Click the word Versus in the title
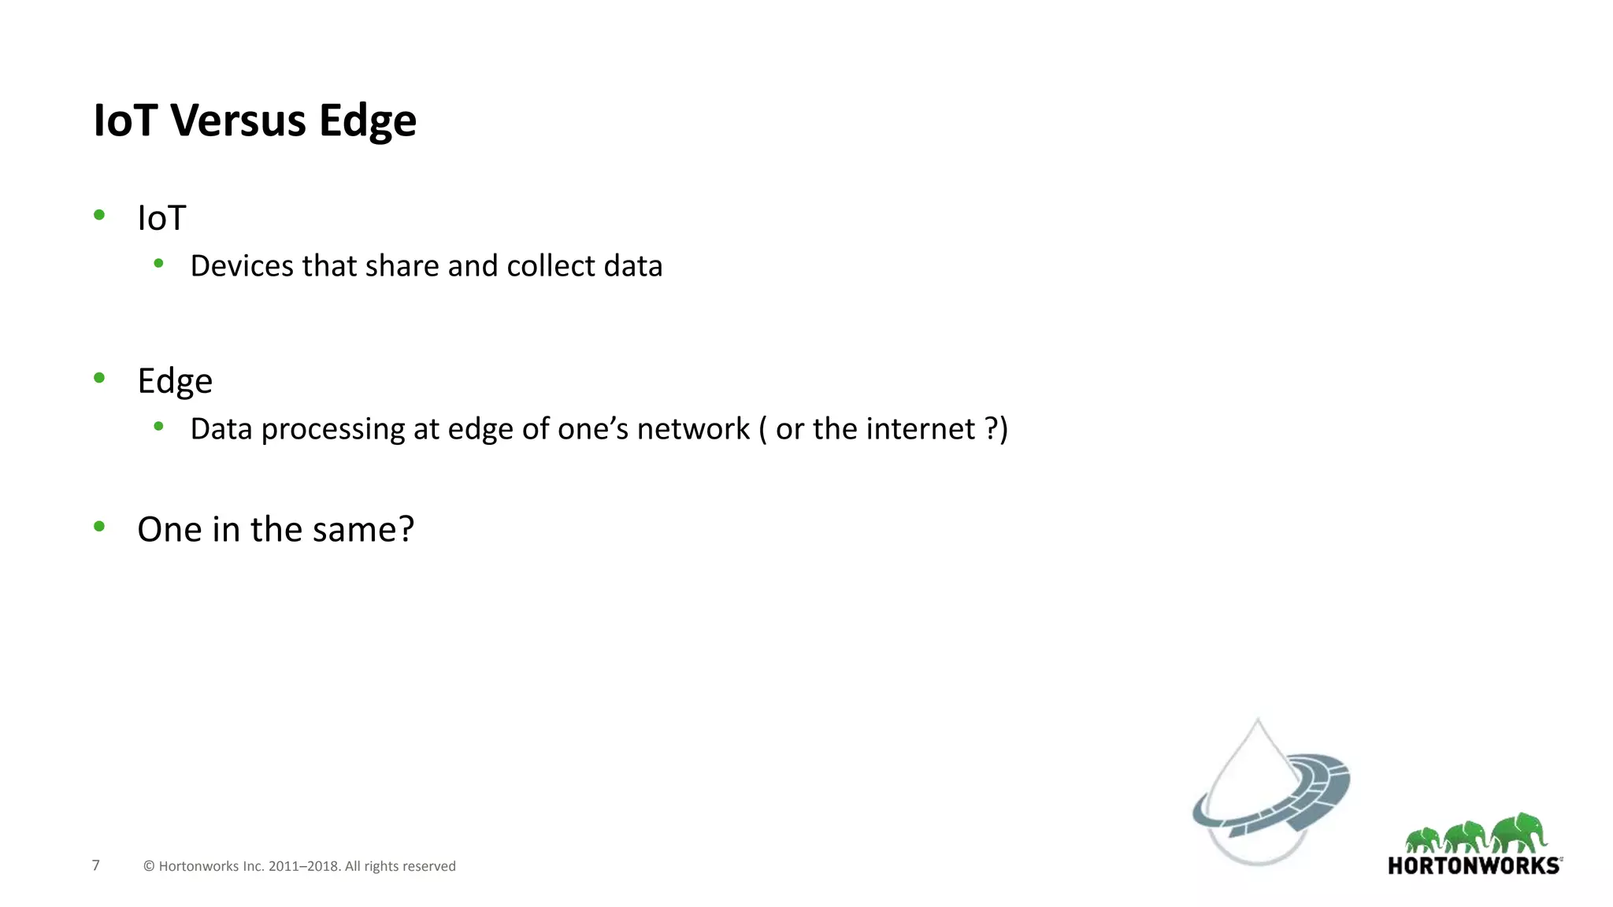point(238,120)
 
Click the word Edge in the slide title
point(367,122)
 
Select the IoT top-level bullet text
point(161,218)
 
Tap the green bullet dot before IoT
point(99,214)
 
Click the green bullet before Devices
point(158,264)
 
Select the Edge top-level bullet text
point(175,381)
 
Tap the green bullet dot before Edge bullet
point(99,378)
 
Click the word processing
point(333,430)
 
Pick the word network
point(693,429)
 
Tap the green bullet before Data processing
point(158,427)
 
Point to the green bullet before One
point(99,527)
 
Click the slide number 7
point(96,865)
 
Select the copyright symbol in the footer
point(149,866)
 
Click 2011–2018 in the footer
point(303,866)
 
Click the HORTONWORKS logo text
point(1474,866)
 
